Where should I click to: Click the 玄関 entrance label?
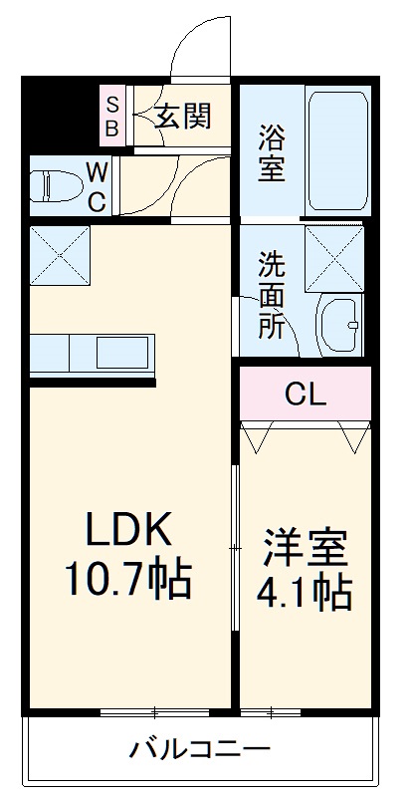point(182,118)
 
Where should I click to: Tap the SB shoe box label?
point(112,117)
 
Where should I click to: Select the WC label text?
point(98,186)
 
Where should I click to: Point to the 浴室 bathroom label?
point(272,152)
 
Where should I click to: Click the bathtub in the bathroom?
point(335,152)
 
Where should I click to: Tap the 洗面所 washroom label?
point(271,296)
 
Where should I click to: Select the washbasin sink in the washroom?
point(339,323)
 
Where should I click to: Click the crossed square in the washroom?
point(334,257)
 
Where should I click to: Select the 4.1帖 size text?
point(305,594)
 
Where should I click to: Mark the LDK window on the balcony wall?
point(154,711)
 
